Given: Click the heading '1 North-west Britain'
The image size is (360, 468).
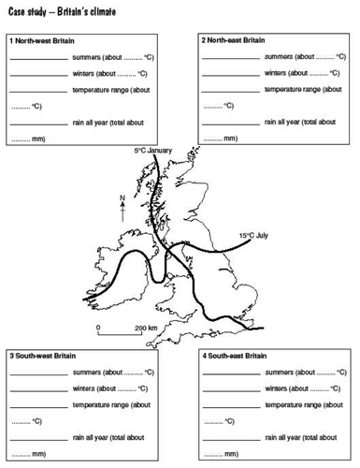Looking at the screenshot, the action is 42,41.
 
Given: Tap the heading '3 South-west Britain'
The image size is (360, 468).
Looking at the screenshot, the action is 43,357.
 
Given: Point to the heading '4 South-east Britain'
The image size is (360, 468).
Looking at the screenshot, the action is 235,357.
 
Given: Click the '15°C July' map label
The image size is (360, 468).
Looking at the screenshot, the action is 253,236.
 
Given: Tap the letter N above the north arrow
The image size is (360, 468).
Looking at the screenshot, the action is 122,197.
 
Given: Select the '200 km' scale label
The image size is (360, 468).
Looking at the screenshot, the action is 146,329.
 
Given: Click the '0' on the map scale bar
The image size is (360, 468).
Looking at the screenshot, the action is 100,329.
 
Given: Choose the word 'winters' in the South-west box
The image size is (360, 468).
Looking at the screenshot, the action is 87,388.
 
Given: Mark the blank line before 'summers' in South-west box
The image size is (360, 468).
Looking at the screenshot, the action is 38,373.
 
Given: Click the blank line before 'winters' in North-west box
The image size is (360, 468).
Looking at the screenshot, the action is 38,75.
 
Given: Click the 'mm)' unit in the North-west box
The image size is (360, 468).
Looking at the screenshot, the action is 40,139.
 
